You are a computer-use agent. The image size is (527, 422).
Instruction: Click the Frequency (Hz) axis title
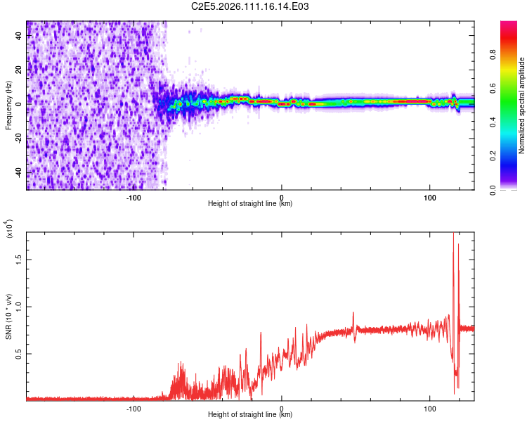tap(8, 105)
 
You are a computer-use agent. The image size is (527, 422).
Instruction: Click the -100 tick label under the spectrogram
tap(134, 197)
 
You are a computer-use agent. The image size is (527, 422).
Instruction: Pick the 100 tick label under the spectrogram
tap(430, 197)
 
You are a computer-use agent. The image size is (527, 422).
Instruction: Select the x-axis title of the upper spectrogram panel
tap(250, 204)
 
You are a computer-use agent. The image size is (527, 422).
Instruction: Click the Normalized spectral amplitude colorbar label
tap(521, 105)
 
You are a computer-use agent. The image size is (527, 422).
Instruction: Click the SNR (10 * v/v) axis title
tap(8, 316)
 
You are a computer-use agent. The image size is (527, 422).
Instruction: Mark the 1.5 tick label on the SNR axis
tap(17, 259)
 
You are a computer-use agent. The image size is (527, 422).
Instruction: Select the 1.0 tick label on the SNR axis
tap(17, 306)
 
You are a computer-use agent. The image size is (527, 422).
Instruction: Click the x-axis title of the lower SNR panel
tap(250, 415)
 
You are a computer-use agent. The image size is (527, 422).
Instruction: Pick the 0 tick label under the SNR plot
tap(282, 408)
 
